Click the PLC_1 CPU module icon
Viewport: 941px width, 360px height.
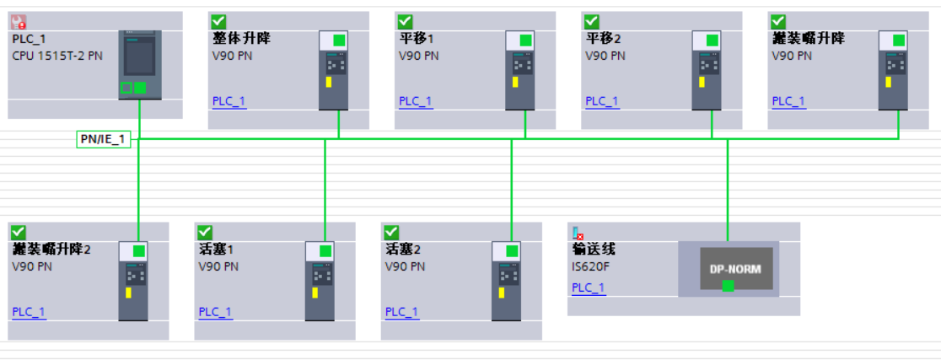pyautogui.click(x=139, y=66)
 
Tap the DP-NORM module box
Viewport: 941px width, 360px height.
pyautogui.click(x=728, y=268)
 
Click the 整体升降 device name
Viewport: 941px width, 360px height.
pyautogui.click(x=242, y=39)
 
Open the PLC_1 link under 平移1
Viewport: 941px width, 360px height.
pyautogui.click(x=416, y=101)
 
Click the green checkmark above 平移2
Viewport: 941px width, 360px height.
pyautogui.click(x=591, y=21)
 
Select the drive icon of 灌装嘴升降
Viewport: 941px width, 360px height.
pyautogui.click(x=893, y=71)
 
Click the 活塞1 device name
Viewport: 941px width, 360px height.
pyautogui.click(x=216, y=250)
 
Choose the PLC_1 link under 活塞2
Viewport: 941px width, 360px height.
pyautogui.click(x=402, y=312)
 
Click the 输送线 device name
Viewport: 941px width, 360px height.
pyautogui.click(x=594, y=250)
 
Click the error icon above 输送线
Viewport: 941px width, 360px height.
pyautogui.click(x=578, y=233)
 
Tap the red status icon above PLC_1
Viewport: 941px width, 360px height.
pyautogui.click(x=19, y=21)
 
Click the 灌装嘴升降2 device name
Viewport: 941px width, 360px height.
pyautogui.click(x=51, y=250)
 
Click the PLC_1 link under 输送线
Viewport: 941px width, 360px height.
pyautogui.click(x=589, y=287)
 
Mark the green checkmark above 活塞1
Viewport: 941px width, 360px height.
pyautogui.click(x=204, y=232)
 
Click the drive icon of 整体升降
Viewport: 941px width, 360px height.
pyautogui.click(x=333, y=71)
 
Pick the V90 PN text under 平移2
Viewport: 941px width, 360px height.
pyautogui.click(x=605, y=56)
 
